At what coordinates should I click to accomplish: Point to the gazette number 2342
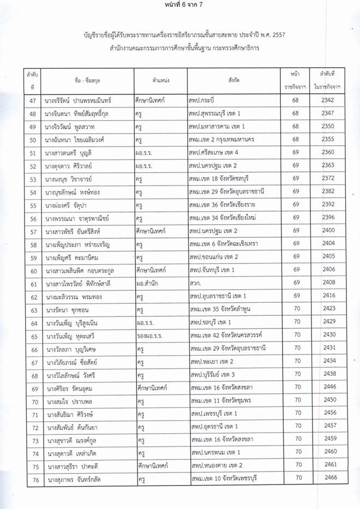click(328, 100)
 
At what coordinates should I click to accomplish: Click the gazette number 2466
click(328, 478)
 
